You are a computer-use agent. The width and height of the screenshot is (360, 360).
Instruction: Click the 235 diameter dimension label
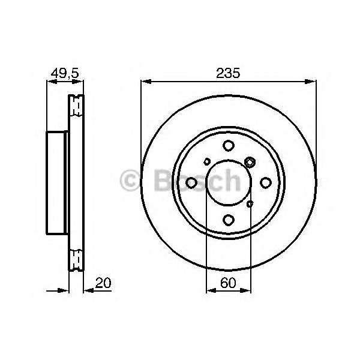coord(228,73)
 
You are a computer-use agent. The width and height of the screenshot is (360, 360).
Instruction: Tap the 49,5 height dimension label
coord(65,73)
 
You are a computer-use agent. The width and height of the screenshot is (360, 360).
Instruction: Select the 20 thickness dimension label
coord(103,283)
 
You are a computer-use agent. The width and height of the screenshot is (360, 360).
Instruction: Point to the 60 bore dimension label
coord(228,283)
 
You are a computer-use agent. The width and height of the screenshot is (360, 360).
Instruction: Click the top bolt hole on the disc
coord(229,146)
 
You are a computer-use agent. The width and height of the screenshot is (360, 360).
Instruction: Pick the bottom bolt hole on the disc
coord(229,220)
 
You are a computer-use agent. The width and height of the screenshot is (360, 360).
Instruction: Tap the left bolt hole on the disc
coord(191,183)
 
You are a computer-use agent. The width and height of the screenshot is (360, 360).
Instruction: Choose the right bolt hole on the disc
coord(266,183)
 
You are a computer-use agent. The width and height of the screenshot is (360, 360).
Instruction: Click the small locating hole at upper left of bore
coord(207,161)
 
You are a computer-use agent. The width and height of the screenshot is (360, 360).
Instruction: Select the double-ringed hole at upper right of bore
coord(250,162)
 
